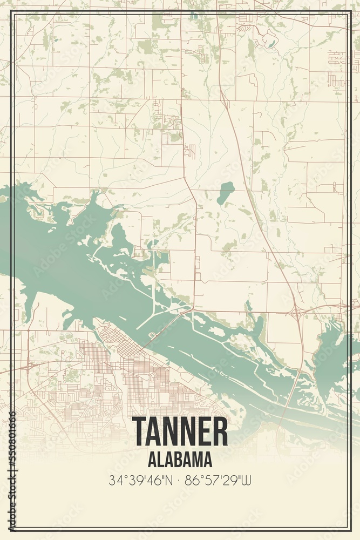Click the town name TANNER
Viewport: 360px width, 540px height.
coord(179,431)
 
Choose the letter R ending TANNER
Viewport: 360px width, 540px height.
coord(220,431)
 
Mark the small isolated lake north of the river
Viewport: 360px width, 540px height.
coord(226,192)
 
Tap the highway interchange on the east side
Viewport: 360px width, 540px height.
coord(296,312)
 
